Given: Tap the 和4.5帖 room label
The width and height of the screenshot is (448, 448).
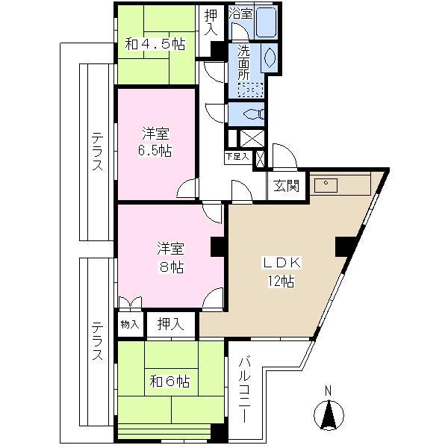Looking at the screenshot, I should (155, 44).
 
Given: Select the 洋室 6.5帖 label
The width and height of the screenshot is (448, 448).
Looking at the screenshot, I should (156, 141).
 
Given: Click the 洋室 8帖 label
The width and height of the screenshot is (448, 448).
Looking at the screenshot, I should (170, 255).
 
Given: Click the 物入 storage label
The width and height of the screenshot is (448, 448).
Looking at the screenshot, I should (129, 325).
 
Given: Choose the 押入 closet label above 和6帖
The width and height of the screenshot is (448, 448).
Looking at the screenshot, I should (171, 324).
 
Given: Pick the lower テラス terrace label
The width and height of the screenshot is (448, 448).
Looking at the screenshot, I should (97, 342).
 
